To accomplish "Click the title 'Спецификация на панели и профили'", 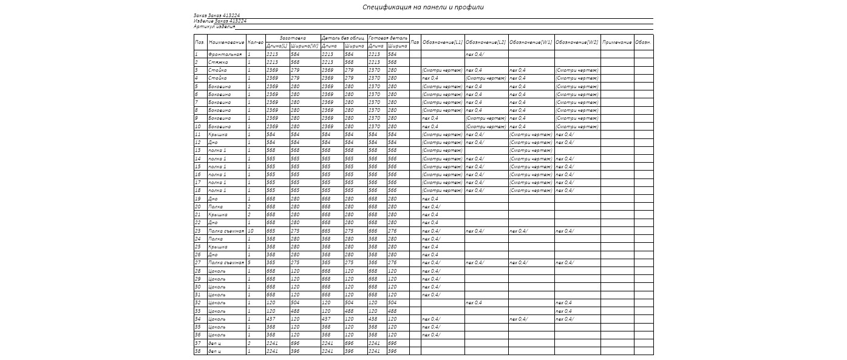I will click(x=423, y=7).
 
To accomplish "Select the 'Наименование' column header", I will click(x=226, y=42).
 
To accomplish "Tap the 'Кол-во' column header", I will click(x=256, y=42).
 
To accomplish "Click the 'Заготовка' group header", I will click(x=293, y=38).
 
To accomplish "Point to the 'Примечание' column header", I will click(x=617, y=42).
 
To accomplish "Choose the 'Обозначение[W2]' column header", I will click(x=577, y=42).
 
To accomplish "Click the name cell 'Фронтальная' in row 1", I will click(x=225, y=55).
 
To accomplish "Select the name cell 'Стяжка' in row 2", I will click(x=218, y=63).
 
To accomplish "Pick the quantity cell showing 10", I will click(x=250, y=231).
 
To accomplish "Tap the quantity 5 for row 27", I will click(x=249, y=263).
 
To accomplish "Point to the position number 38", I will click(x=198, y=351).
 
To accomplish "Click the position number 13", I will click(x=198, y=151).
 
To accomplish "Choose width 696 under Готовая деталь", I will click(x=392, y=343).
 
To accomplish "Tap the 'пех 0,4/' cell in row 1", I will click(x=475, y=55).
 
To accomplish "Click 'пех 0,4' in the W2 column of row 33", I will click(x=563, y=311).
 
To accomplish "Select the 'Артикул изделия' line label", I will click(x=214, y=27).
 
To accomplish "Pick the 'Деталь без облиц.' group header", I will click(x=343, y=38).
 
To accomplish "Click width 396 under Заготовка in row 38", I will click(x=295, y=351).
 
